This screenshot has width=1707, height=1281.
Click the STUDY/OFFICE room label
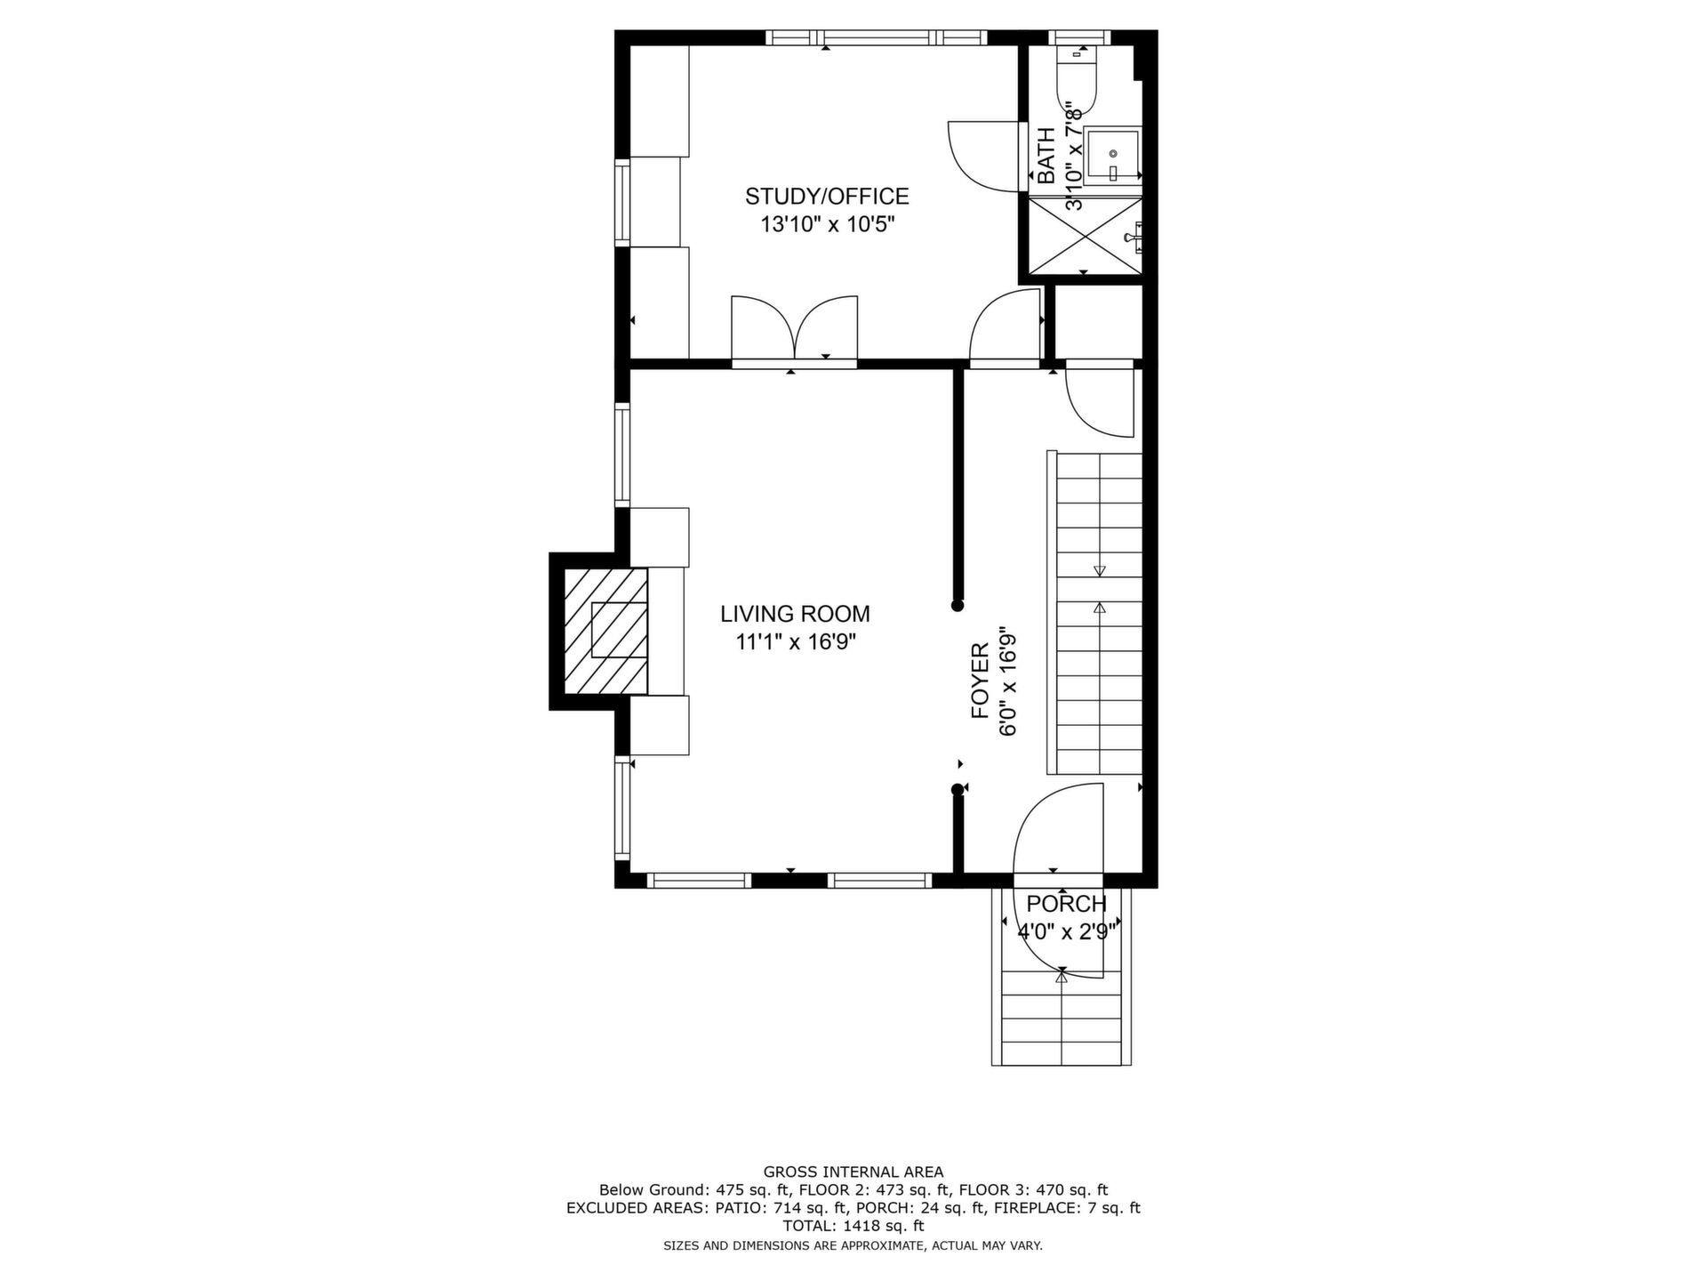click(x=827, y=197)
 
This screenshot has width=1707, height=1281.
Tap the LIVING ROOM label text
click(x=795, y=614)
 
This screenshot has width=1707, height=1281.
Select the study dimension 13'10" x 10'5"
click(x=827, y=225)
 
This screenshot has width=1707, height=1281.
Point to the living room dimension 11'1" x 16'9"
click(x=795, y=641)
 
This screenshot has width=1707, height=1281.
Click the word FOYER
click(x=980, y=681)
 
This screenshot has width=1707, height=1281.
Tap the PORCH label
click(x=1066, y=904)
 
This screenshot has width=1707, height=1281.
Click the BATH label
click(x=1046, y=156)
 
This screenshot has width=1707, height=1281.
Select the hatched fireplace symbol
click(x=606, y=631)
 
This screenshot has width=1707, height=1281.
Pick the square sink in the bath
click(x=1112, y=156)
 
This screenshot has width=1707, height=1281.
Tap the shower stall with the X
click(x=1085, y=236)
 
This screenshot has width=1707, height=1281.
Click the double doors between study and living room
click(x=794, y=329)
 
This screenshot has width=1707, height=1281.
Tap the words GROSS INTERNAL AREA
click(x=853, y=1172)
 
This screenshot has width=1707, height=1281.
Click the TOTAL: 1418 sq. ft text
click(x=853, y=1226)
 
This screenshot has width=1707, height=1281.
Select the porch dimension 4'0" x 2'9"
click(x=1067, y=932)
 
